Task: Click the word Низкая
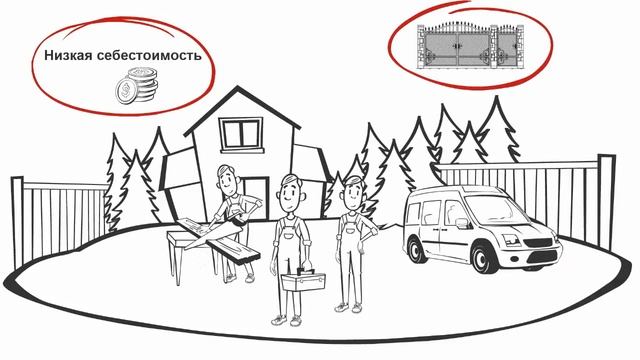tap(69, 55)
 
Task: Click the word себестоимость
tap(149, 56)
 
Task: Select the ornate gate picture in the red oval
tap(470, 45)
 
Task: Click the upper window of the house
tap(241, 135)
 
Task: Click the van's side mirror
tap(462, 223)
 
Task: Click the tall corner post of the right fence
tap(607, 202)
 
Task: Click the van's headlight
tap(511, 240)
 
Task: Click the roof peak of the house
tap(237, 87)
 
